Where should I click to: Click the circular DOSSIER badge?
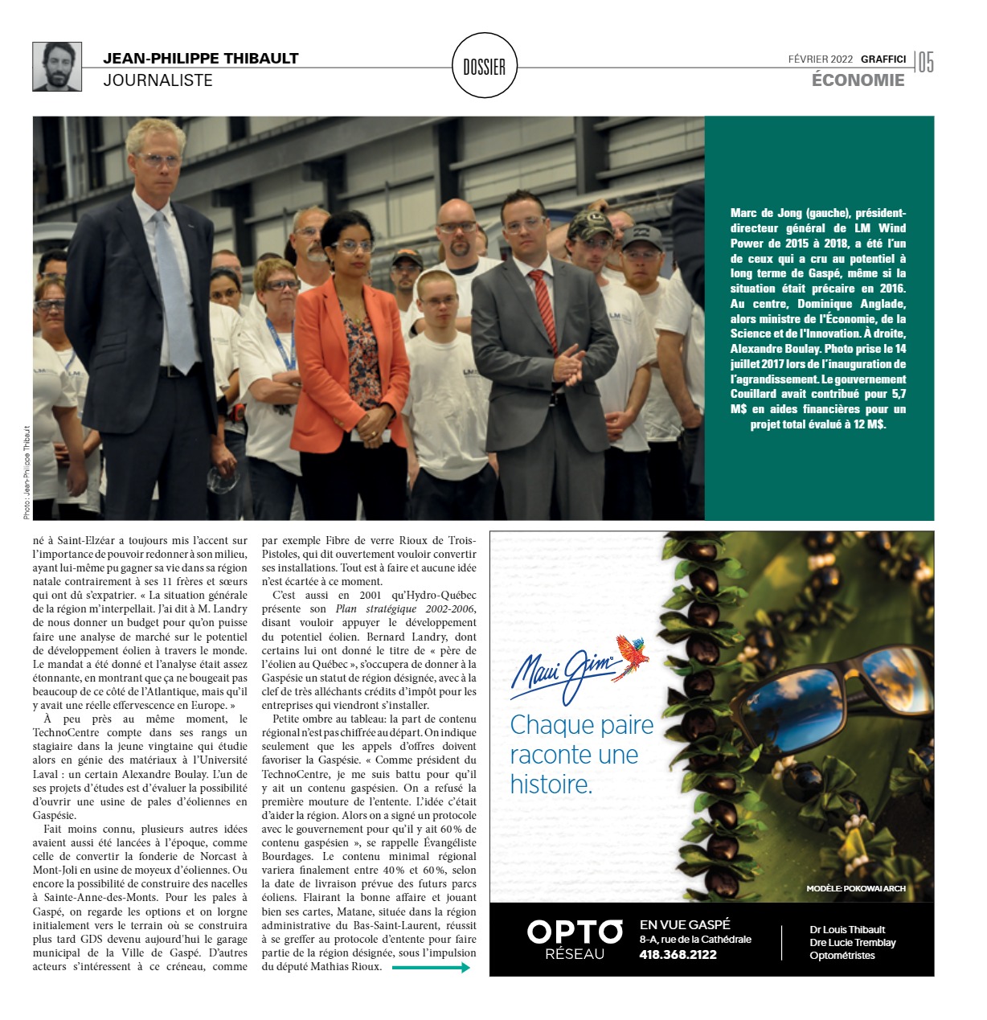tap(484, 66)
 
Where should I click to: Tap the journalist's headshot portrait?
tap(57, 67)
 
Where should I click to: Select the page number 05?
tap(926, 63)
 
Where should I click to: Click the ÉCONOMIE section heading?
tap(858, 80)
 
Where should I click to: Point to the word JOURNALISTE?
tap(158, 80)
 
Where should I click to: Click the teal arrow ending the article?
tap(431, 968)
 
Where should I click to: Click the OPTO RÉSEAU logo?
tap(575, 940)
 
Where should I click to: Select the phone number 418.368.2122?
tap(678, 954)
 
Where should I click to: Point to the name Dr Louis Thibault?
tap(847, 929)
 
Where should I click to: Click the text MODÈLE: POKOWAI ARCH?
tap(856, 888)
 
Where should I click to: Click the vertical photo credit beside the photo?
tap(26, 472)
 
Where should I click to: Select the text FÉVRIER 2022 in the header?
tap(821, 59)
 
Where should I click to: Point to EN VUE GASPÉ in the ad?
tap(685, 924)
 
